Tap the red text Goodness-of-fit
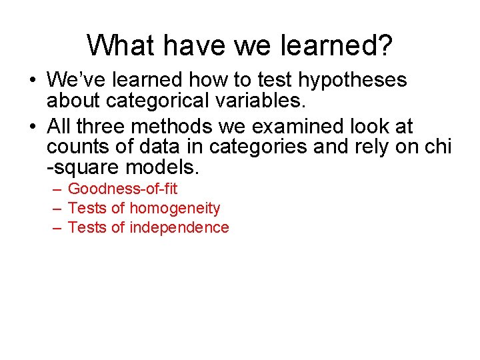click(x=123, y=189)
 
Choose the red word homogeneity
click(x=175, y=209)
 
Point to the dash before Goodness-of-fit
click(x=57, y=189)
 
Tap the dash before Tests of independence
click(x=57, y=228)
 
